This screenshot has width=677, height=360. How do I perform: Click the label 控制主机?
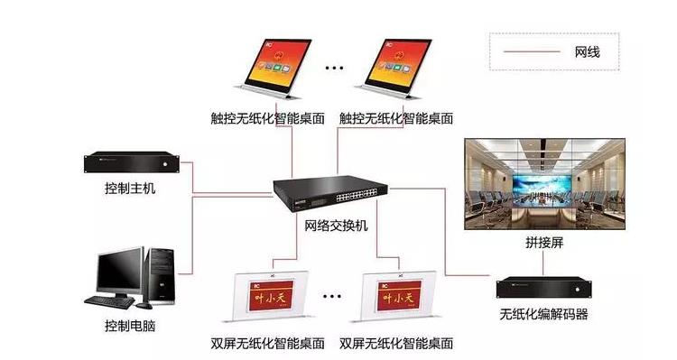click(x=130, y=189)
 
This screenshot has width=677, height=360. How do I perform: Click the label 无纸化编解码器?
click(x=543, y=315)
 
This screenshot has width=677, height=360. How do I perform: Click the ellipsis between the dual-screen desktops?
click(x=335, y=295)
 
